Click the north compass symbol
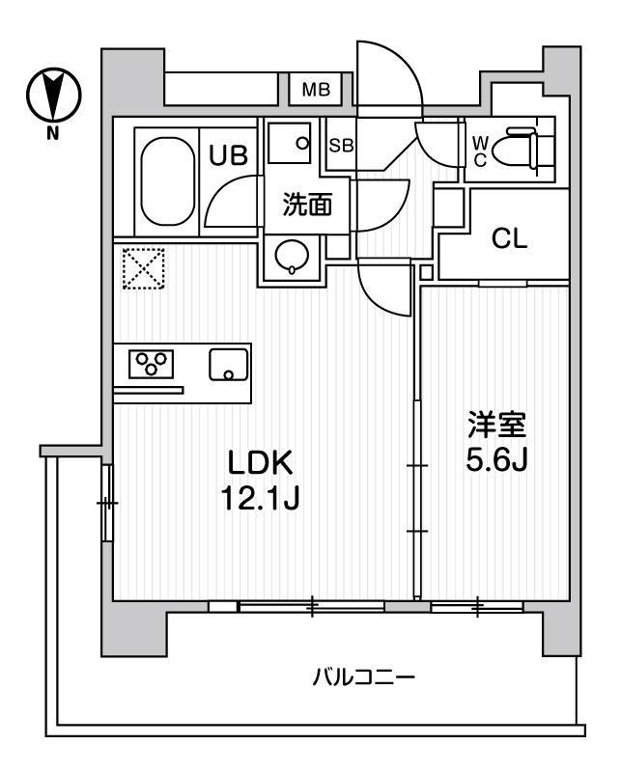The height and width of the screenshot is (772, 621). click(x=53, y=95)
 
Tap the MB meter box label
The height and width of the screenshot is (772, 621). click(x=316, y=90)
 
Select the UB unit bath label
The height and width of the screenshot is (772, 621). click(x=228, y=155)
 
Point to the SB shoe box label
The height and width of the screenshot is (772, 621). click(x=341, y=146)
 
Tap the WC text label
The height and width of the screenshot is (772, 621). click(x=480, y=152)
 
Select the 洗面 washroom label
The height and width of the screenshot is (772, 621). click(x=307, y=205)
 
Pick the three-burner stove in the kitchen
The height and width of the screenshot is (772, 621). click(x=151, y=364)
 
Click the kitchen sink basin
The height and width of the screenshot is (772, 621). click(x=228, y=365)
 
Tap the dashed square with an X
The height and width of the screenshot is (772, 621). click(x=144, y=268)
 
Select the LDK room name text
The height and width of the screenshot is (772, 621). click(x=259, y=463)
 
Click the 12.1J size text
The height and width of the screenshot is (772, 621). click(x=260, y=497)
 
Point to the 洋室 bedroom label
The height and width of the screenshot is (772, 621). click(x=497, y=426)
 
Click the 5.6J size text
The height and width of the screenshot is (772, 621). click(x=496, y=460)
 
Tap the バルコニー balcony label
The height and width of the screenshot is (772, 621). click(x=364, y=678)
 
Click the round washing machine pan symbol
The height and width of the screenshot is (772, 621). click(x=293, y=256)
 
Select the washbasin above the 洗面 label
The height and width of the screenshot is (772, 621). click(x=290, y=143)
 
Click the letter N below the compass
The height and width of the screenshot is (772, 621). click(x=52, y=133)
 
